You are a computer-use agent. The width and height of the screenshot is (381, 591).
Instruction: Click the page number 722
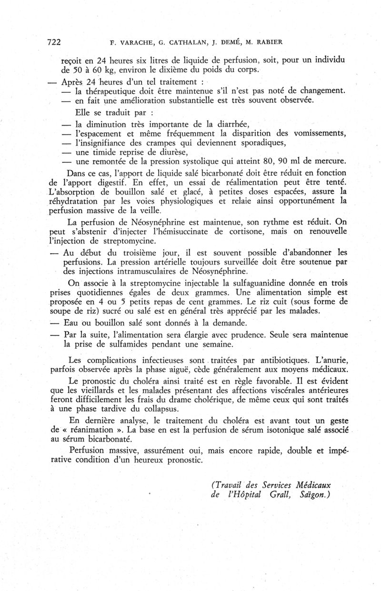pyautogui.click(x=54, y=42)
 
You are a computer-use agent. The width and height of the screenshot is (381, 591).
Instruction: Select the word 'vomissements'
pyautogui.click(x=314, y=134)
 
